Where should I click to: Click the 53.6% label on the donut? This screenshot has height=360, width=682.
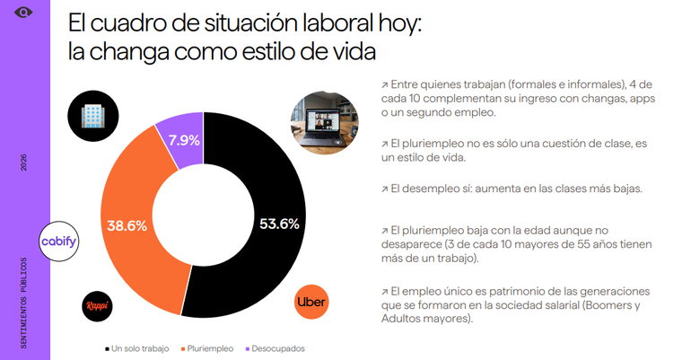tap(279, 224)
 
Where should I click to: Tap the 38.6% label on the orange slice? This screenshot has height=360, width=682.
tap(127, 226)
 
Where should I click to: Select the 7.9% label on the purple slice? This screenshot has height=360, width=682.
tap(184, 140)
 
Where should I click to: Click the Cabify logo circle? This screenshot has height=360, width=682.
tap(58, 241)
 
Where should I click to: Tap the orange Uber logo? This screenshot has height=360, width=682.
tap(311, 302)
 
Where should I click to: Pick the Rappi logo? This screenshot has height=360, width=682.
tap(97, 305)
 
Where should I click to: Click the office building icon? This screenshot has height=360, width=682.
tap(93, 116)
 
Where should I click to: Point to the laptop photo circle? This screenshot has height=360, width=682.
tap(325, 122)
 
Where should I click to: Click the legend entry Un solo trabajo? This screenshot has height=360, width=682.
tap(137, 348)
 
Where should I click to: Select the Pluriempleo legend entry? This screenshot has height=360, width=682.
tap(207, 348)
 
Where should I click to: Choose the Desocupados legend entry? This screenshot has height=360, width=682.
tap(275, 348)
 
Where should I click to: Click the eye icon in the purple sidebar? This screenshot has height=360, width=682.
tap(23, 13)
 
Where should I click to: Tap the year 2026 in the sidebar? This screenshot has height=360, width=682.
tap(23, 162)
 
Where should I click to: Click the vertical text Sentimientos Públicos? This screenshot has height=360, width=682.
tap(23, 303)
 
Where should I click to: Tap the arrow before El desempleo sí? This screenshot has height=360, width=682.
tap(384, 189)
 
